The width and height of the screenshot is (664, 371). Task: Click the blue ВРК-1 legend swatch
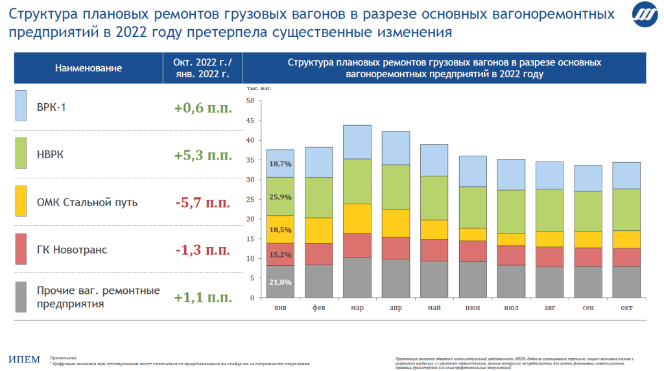(21, 106)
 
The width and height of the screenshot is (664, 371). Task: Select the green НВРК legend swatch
(21, 154)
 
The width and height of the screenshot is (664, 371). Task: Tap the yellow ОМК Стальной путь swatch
(21, 202)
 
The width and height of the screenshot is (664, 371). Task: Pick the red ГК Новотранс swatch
(21, 249)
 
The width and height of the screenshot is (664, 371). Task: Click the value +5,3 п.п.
(203, 155)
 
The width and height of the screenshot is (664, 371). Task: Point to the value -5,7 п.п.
(203, 202)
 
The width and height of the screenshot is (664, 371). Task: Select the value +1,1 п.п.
(203, 298)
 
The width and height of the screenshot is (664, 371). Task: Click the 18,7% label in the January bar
(281, 164)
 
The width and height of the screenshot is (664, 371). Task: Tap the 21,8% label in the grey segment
(281, 282)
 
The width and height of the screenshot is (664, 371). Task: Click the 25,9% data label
(281, 197)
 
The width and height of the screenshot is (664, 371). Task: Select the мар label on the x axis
(357, 307)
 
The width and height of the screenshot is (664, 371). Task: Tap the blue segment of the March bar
(357, 142)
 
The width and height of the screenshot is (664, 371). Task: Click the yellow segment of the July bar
(511, 239)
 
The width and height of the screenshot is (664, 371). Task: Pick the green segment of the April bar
(396, 187)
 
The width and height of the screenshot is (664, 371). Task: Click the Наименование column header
(89, 68)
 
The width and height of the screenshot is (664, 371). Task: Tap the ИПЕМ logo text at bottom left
(25, 359)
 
